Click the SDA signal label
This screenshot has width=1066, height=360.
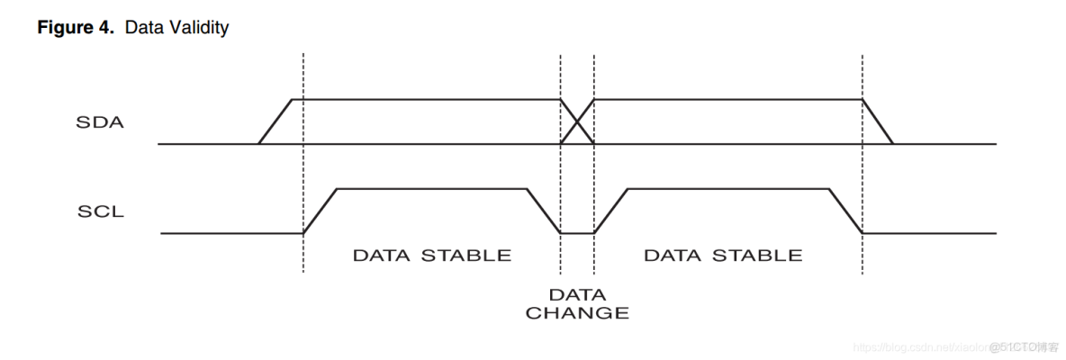pyautogui.click(x=99, y=122)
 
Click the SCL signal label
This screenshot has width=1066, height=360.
pyautogui.click(x=100, y=213)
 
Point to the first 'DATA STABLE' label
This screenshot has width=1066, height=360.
pyautogui.click(x=431, y=255)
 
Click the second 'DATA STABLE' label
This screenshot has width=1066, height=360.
pyautogui.click(x=723, y=255)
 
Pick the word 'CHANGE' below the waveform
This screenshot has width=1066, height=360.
pyautogui.click(x=577, y=313)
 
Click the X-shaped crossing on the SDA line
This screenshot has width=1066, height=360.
pyautogui.click(x=577, y=121)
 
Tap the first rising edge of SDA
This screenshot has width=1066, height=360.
pyautogui.click(x=276, y=121)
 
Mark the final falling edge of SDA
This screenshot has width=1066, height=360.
pyautogui.click(x=878, y=121)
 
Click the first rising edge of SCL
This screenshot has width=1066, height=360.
pyautogui.click(x=320, y=211)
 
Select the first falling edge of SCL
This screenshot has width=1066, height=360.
pyautogui.click(x=544, y=211)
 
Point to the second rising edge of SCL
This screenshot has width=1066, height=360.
pyautogui.click(x=610, y=211)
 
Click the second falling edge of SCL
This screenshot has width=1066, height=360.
pyautogui.click(x=845, y=211)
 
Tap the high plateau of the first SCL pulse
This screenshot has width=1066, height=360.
pyautogui.click(x=431, y=189)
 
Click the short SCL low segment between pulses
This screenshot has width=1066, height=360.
pyautogui.click(x=577, y=233)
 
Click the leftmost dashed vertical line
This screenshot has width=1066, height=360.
pyautogui.click(x=303, y=162)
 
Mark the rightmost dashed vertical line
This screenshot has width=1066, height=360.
pyautogui.click(x=863, y=162)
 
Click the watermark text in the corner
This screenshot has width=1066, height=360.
pyautogui.click(x=954, y=346)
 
